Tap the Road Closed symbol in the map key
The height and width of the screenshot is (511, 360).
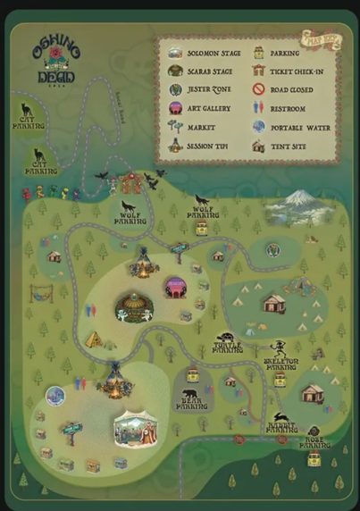(259, 89)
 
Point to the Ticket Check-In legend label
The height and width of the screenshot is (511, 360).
(296, 71)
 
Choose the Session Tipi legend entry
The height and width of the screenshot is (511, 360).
(206, 146)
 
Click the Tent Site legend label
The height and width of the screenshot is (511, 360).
(288, 146)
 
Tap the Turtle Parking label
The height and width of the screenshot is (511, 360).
(228, 348)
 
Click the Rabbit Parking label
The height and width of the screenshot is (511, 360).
(281, 428)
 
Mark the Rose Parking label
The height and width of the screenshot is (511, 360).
(314, 442)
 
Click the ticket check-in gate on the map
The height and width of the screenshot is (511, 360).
(131, 184)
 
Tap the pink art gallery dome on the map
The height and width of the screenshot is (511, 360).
(175, 287)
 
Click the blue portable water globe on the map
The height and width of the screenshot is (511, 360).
(55, 395)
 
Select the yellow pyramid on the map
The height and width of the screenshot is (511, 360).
(93, 339)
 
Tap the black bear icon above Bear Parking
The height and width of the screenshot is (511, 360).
(189, 393)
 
